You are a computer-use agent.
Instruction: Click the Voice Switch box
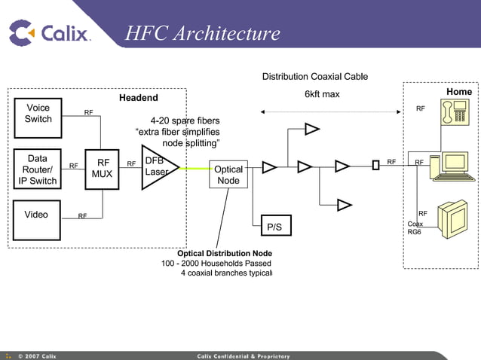pos(38,114)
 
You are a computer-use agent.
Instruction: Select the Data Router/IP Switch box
pos(37,169)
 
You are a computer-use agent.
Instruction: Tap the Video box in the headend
pos(37,219)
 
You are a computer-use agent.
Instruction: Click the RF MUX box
pos(102,168)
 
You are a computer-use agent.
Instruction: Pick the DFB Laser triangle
pos(157,167)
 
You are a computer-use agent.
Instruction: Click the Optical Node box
pos(228,175)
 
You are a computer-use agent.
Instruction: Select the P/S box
pos(274,226)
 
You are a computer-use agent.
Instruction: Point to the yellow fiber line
pos(194,169)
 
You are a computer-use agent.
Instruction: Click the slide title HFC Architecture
pos(202,34)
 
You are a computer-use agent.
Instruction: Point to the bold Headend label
pos(139,98)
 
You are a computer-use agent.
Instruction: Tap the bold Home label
pos(458,92)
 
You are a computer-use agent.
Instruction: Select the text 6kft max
pos(322,95)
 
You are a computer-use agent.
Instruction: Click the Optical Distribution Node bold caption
pos(224,253)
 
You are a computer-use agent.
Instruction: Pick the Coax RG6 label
pos(415,228)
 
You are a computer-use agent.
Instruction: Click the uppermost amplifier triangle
pos(312,129)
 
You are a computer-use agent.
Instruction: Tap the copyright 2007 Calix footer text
pos(37,355)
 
